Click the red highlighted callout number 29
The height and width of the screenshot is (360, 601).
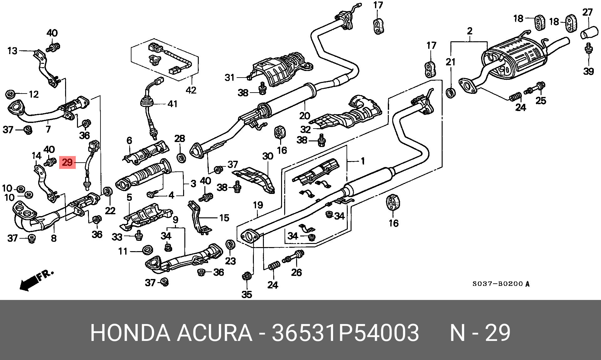click(67, 163)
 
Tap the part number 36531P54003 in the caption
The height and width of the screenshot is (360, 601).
click(345, 333)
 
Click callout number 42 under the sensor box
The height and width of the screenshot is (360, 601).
click(191, 90)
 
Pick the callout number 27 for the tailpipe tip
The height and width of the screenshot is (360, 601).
click(588, 13)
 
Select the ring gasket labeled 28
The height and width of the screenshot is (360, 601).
click(181, 158)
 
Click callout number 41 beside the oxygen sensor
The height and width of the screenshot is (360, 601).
click(172, 104)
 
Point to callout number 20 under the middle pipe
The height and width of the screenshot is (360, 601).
click(304, 116)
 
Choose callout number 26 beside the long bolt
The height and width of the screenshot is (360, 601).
click(296, 272)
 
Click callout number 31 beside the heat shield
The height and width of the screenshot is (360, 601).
click(229, 77)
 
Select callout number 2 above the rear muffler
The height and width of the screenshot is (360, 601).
click(470, 31)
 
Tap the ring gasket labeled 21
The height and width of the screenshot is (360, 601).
click(450, 93)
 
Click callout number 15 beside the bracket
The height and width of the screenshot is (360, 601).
click(224, 218)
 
